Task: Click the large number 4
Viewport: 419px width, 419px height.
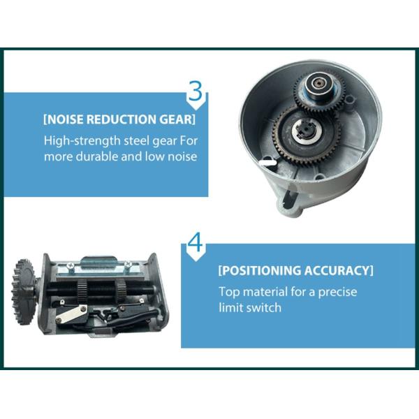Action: click(195, 244)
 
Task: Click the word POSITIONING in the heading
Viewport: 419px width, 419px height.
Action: click(265, 270)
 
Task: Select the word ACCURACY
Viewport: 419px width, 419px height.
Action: click(340, 270)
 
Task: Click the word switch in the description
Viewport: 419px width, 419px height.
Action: click(264, 307)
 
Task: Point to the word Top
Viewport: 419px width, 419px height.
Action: click(229, 292)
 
